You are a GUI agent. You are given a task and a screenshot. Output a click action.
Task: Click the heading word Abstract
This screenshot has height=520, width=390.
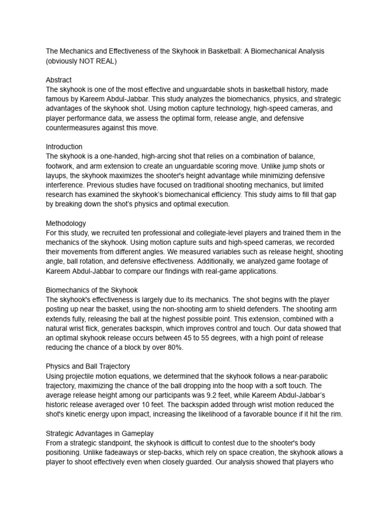(x=58, y=80)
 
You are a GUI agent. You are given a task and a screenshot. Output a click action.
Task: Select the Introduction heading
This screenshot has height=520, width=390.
(x=64, y=147)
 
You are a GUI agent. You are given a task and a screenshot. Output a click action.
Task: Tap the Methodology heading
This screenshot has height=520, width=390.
(x=66, y=223)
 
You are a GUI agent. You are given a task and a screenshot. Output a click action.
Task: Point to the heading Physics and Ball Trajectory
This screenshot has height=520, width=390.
(x=88, y=366)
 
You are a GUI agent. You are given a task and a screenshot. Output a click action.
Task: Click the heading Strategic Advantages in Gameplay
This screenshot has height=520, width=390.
(x=100, y=433)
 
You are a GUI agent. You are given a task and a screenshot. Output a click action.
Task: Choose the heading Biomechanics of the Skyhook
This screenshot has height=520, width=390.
(x=92, y=290)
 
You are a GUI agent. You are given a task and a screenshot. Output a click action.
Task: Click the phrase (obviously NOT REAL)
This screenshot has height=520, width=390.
(x=81, y=61)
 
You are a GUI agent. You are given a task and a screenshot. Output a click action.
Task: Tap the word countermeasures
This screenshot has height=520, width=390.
(x=72, y=127)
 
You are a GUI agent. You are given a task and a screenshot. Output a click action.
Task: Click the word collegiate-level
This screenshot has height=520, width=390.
(x=213, y=233)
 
